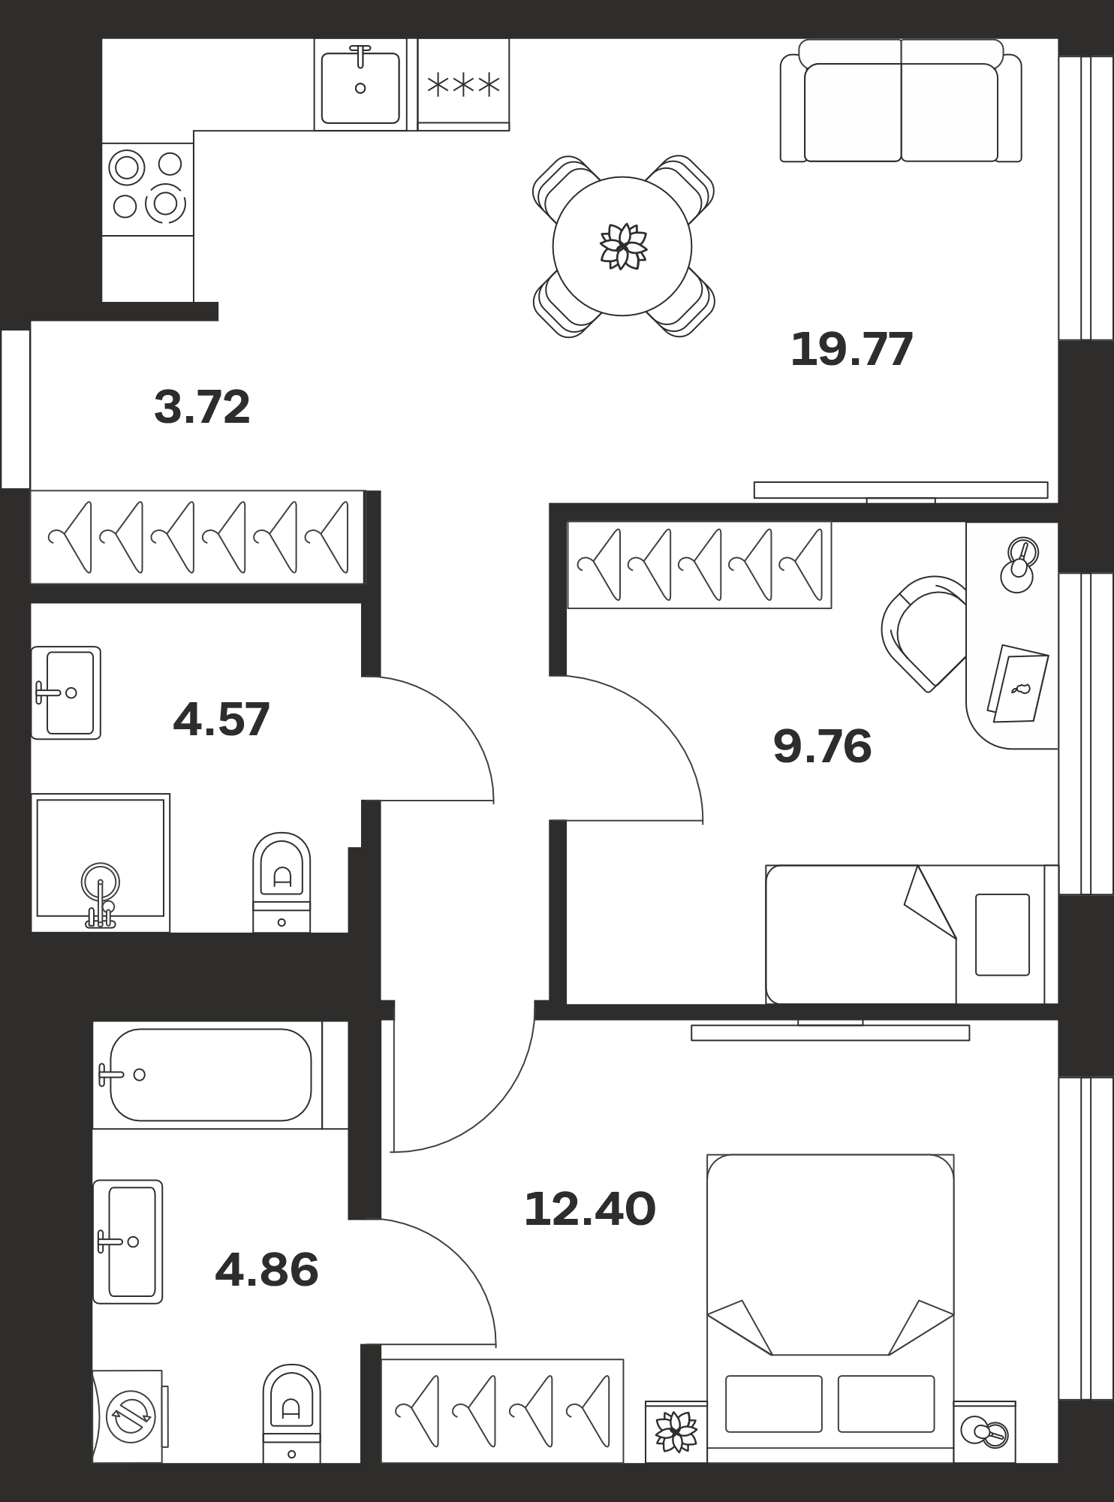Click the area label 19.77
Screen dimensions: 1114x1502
click(851, 349)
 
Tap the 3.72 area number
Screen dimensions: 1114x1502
click(202, 407)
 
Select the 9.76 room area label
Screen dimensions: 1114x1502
click(822, 746)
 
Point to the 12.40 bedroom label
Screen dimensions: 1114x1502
click(589, 1209)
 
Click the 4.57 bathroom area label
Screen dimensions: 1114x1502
click(221, 719)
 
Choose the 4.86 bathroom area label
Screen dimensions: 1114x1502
click(266, 1270)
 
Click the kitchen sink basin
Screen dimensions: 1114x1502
click(360, 87)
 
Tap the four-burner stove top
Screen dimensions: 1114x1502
click(148, 189)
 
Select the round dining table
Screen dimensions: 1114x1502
click(622, 246)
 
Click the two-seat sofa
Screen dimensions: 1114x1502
click(901, 101)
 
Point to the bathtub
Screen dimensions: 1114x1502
click(210, 1075)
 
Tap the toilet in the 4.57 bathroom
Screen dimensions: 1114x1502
click(282, 882)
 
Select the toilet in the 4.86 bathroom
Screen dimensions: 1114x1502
click(291, 1413)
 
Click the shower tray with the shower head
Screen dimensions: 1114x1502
click(101, 862)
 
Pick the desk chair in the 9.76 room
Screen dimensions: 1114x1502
click(926, 633)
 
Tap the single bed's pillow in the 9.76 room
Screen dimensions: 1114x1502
click(1002, 934)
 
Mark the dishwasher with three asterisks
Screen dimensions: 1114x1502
click(463, 84)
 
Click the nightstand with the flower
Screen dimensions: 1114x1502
click(676, 1431)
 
